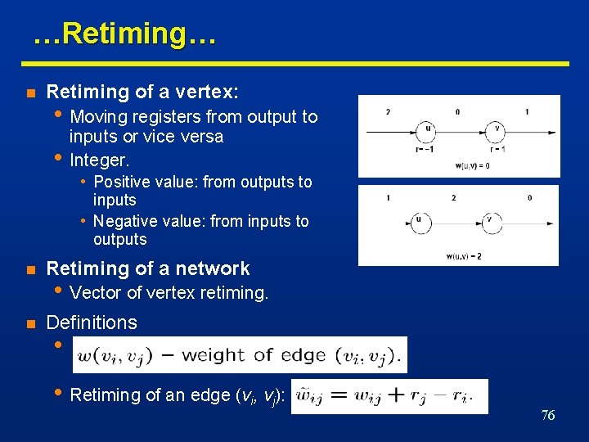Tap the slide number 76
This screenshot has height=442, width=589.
pos(548,415)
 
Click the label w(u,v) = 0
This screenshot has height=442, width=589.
pos(473,166)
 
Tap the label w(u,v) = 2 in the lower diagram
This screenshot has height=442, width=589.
pos(464,256)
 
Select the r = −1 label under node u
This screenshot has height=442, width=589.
pos(425,148)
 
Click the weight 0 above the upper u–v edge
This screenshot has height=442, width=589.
pos(457,111)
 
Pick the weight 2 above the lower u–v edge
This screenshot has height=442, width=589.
pos(453,198)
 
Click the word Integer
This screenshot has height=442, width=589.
pos(99,159)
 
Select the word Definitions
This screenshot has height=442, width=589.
pos(92,322)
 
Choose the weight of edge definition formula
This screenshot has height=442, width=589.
pos(239,355)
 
